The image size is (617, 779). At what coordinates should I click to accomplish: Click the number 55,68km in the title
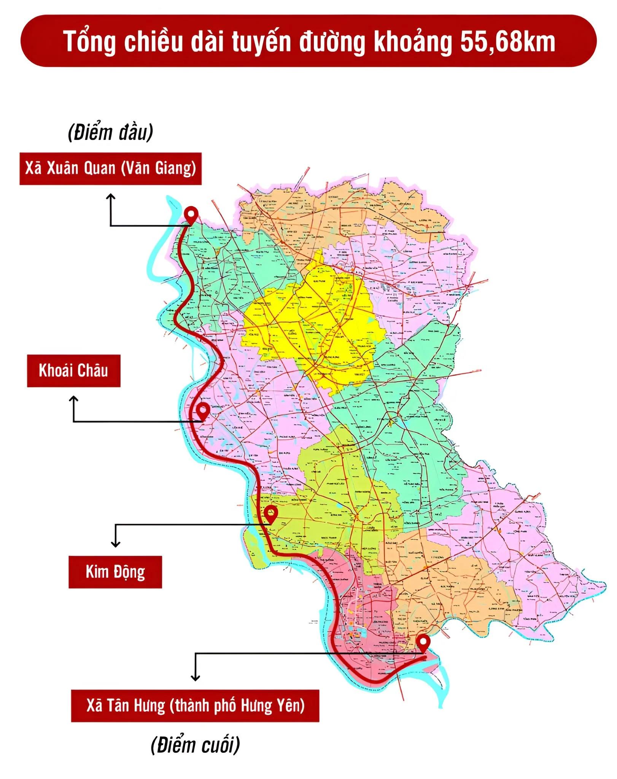click(507, 41)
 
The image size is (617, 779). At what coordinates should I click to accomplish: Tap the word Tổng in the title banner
click(89, 42)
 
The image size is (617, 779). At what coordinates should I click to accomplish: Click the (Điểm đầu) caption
click(110, 132)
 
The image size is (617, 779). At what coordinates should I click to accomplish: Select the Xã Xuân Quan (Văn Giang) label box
click(110, 169)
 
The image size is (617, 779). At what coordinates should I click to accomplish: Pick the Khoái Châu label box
click(73, 371)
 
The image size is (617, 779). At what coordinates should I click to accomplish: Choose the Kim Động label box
click(115, 572)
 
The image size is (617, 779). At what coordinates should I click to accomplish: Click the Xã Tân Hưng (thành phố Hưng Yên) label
click(195, 706)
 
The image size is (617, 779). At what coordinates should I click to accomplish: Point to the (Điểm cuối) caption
click(195, 745)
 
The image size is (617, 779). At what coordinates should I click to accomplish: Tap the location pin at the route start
click(191, 214)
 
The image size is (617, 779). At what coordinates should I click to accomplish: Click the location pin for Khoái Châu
click(203, 410)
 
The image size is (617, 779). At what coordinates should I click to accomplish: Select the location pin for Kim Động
click(270, 512)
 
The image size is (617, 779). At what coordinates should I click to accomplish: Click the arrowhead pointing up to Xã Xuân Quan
click(111, 196)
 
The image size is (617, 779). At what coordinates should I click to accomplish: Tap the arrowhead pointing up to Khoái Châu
click(73, 399)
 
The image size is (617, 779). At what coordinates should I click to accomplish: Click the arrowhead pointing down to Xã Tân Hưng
click(195, 678)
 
